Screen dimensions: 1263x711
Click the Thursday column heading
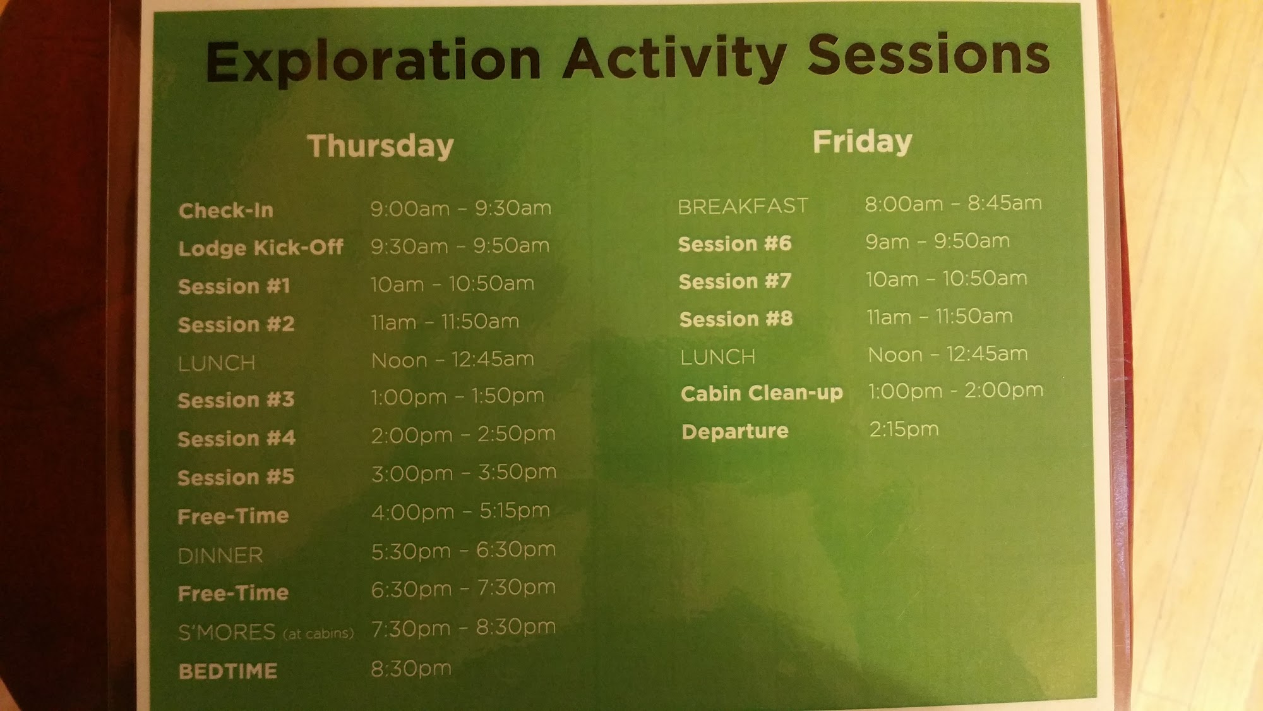point(381,147)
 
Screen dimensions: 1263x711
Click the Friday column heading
point(863,142)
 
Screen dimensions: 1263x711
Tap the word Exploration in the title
point(373,62)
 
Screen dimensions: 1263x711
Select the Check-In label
point(226,210)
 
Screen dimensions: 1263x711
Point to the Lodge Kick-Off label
point(261,248)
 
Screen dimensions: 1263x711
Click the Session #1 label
point(234,286)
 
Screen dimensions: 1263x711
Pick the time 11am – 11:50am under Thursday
point(445,322)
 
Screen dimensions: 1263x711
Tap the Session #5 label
point(236,477)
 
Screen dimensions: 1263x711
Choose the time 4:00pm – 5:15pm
point(460,511)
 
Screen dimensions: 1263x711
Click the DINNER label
point(220,556)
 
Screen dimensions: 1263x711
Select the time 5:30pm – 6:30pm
point(464,550)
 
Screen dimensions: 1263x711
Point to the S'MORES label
point(227,632)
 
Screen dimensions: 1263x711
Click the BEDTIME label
point(228,671)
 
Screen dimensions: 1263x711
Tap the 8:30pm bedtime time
point(411,669)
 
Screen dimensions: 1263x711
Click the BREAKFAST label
point(743,206)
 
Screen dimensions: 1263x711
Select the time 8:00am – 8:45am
point(953,204)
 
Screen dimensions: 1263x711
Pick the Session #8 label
point(736,319)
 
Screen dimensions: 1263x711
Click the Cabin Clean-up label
point(762,393)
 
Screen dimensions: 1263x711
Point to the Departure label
point(735,431)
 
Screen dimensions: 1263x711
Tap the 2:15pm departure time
point(904,430)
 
